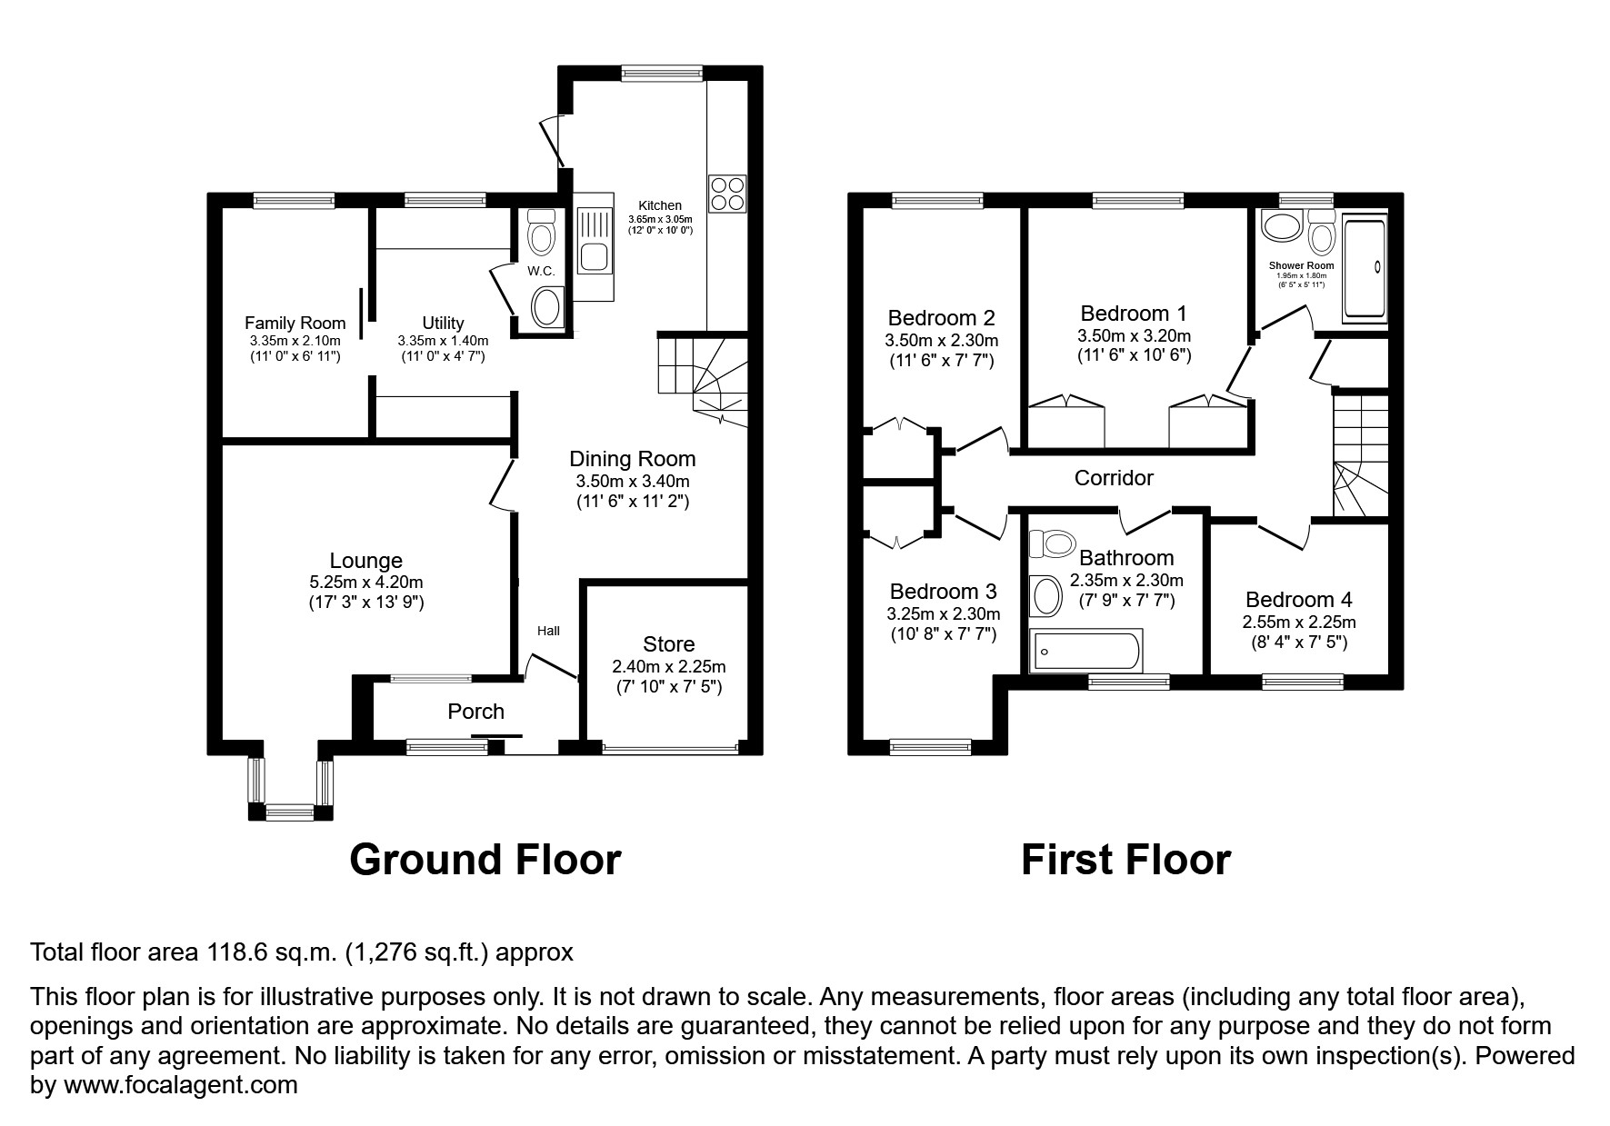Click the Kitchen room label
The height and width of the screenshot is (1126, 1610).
[660, 205]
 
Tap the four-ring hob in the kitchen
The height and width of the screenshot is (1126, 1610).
[727, 193]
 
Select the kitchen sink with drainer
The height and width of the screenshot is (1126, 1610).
[595, 246]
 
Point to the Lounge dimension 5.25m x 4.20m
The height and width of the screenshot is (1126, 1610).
[365, 583]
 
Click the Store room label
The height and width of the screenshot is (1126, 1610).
[668, 644]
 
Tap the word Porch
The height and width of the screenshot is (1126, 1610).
[475, 712]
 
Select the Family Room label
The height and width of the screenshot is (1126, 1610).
[295, 323]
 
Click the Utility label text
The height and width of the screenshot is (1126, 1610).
[443, 323]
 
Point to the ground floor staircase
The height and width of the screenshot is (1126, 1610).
[703, 377]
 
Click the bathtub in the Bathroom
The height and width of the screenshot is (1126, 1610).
[1084, 652]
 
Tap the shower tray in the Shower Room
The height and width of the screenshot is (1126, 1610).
[1365, 267]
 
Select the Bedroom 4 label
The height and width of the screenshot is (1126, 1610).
[1298, 600]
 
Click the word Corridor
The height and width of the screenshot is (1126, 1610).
[1114, 478]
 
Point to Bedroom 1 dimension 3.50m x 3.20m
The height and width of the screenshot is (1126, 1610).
[1134, 335]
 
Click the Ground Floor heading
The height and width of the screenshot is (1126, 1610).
[485, 860]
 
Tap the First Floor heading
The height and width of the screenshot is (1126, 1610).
[1125, 860]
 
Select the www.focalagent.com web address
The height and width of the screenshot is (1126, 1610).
[178, 1085]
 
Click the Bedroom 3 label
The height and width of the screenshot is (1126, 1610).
[943, 592]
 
